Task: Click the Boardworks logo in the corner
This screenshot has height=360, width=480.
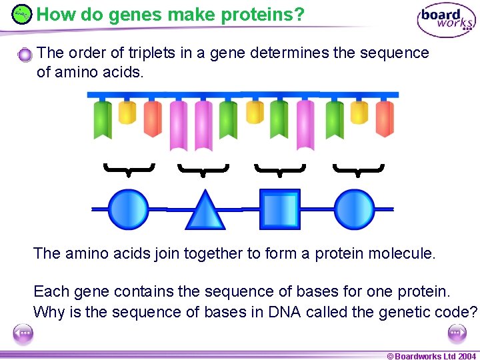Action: tap(446, 20)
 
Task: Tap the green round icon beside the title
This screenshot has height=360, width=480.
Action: tap(22, 13)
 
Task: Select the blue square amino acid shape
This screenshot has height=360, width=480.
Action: tap(279, 209)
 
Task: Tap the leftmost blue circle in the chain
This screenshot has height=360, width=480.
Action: tap(128, 209)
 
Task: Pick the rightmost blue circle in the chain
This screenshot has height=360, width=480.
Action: tap(354, 209)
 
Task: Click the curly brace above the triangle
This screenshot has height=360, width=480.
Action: tap(203, 170)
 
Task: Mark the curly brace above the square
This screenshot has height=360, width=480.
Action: tap(280, 170)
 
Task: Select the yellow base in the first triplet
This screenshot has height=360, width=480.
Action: tap(127, 113)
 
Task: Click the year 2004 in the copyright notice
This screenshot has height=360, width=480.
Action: tap(467, 356)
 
